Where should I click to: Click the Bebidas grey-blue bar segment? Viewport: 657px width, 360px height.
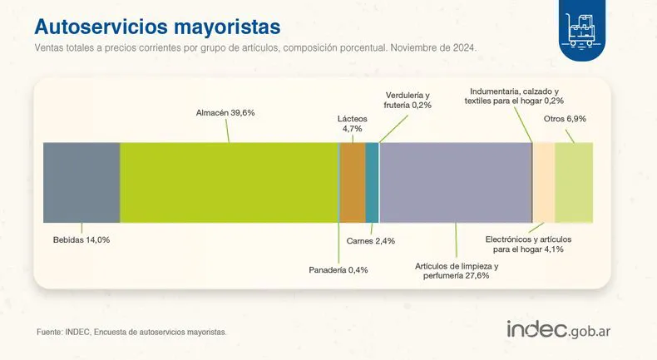tap(82, 182)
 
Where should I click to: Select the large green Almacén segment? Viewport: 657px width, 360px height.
tap(229, 182)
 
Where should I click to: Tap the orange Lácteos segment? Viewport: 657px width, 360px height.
tap(353, 182)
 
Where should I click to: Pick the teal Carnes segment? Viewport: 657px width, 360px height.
tap(372, 182)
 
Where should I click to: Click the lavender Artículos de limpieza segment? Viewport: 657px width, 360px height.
tap(455, 182)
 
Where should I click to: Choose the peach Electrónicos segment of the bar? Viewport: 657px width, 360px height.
tap(543, 182)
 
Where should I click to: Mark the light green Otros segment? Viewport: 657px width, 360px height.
tap(574, 182)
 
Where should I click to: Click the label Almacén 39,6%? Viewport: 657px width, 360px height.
tap(225, 113)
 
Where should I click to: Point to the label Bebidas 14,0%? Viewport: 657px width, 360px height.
tap(82, 239)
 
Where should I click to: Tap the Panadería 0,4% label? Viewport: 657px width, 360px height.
tap(338, 270)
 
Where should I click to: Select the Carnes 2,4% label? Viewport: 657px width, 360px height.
tap(370, 241)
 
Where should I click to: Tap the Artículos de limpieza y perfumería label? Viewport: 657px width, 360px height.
tap(457, 270)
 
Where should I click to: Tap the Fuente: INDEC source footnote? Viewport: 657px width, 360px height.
tap(131, 332)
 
